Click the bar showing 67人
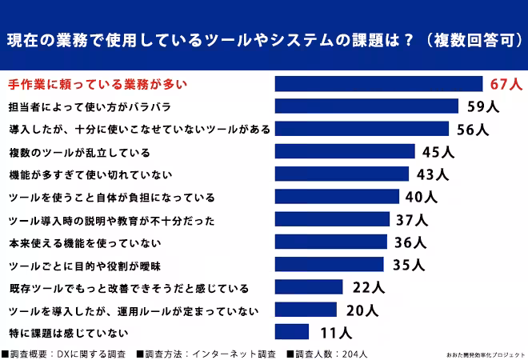[x=378, y=84]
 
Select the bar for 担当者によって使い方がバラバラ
[x=366, y=106]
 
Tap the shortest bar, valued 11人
[x=291, y=331]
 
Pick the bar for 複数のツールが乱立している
[x=345, y=151]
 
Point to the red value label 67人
[x=506, y=84]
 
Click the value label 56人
[x=472, y=129]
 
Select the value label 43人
[x=433, y=174]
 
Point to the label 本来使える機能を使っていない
[x=85, y=242]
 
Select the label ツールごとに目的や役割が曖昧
[x=86, y=265]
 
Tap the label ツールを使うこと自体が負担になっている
[x=111, y=197]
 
